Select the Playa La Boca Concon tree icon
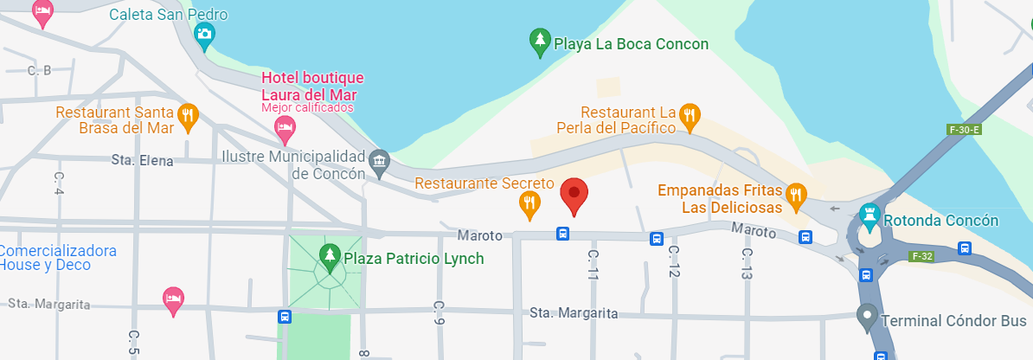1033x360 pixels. coord(540,42)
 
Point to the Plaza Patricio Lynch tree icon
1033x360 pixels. coord(329,256)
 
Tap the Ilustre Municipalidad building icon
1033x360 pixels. coord(379,162)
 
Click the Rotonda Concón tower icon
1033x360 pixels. coord(869,215)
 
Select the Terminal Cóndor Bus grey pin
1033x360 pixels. coord(866,317)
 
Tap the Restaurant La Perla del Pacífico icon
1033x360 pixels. coord(689,116)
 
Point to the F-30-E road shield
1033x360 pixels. coord(964,131)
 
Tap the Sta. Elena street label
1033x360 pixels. coord(143,160)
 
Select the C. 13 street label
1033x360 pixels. coord(746,264)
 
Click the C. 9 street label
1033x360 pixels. coord(439,313)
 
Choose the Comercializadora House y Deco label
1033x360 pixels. coord(58,258)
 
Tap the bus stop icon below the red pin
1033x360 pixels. coord(562,234)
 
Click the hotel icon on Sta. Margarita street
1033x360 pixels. coord(173,299)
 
